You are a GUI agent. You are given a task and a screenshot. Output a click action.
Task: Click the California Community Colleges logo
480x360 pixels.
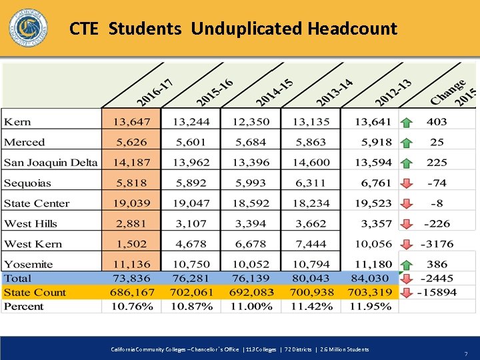click(28, 29)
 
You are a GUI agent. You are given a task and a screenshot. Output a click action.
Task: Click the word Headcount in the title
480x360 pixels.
click(352, 29)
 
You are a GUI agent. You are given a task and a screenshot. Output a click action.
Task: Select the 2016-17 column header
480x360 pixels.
click(155, 92)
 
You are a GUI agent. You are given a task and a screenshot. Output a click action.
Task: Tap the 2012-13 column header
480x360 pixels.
click(393, 92)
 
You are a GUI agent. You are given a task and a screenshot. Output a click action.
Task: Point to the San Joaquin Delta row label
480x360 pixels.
click(51, 163)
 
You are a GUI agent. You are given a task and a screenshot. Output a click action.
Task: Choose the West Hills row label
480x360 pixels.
click(31, 223)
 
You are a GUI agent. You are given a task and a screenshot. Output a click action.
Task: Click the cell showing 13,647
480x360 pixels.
click(131, 122)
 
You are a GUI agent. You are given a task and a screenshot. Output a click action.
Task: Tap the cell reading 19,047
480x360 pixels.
click(191, 203)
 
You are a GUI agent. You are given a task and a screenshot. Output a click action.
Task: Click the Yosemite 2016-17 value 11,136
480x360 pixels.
click(131, 264)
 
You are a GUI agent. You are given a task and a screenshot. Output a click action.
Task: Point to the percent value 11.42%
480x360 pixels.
click(311, 307)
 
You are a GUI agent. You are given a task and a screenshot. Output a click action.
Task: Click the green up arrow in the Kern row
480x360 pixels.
click(406, 123)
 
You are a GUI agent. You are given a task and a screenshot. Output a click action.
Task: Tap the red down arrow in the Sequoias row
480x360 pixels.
click(406, 183)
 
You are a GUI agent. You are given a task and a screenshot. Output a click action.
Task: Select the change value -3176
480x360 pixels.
click(437, 244)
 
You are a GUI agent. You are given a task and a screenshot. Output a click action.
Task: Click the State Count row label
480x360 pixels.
click(35, 292)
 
